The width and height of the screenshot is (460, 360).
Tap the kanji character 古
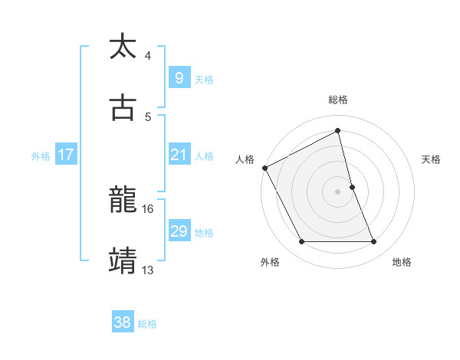pos(123,108)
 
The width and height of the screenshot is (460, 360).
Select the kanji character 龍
pos(123,201)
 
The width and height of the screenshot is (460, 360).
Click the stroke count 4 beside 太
pos(148,56)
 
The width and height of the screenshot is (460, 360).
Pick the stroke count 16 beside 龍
pos(148,208)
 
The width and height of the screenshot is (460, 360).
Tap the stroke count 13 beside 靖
pos(148,269)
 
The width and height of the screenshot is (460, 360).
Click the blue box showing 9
pos(179,77)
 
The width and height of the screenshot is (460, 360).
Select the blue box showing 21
pos(179,155)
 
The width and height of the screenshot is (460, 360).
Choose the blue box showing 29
pos(179,231)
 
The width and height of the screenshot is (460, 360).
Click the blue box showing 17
pos(65,155)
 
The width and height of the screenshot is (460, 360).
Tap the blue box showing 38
pos(122,322)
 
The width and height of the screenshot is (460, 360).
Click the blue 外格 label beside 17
pos(41,155)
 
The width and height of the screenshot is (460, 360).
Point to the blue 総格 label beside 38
pos(147,323)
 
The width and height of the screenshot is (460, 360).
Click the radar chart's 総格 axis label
pos(338,100)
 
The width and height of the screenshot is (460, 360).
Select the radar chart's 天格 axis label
pos(432,159)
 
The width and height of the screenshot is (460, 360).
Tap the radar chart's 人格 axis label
pos(245,159)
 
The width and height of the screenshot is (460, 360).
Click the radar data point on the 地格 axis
pos(374,242)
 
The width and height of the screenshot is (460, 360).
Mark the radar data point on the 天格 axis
pos(352,187)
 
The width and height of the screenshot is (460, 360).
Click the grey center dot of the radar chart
pos(338,191)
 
